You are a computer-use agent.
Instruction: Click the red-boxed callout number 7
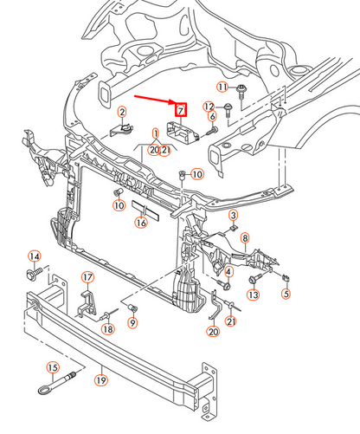[181, 111]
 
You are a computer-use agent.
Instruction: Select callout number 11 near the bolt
[222, 87]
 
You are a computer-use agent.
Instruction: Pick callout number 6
[211, 117]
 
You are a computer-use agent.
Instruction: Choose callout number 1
[157, 134]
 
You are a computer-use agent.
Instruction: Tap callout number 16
[140, 223]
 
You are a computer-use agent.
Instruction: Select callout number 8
[245, 237]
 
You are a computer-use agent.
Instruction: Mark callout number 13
[253, 295]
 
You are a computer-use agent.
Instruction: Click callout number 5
[285, 294]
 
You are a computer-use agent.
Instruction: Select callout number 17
[87, 278]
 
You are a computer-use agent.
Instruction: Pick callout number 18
[108, 329]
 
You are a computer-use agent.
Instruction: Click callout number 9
[133, 323]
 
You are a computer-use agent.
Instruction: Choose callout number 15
[52, 366]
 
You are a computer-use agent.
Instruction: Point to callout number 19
[100, 380]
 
